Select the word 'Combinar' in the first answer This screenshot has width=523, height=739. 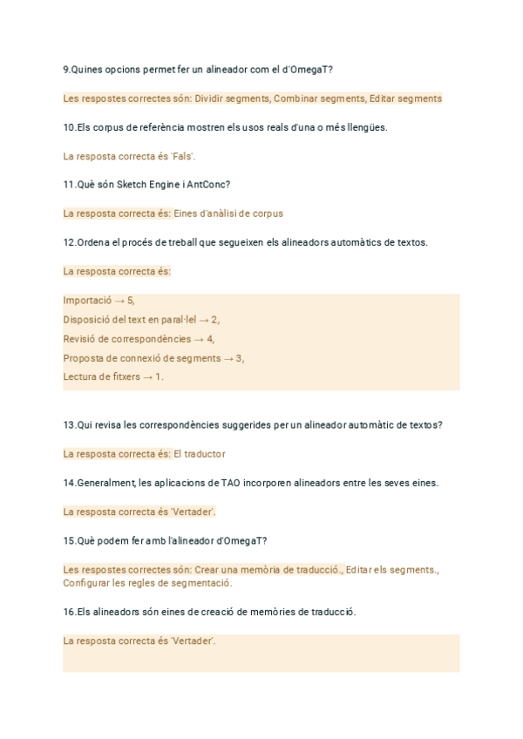click(295, 98)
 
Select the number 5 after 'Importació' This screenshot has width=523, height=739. click(130, 301)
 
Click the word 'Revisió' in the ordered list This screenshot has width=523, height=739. click(81, 339)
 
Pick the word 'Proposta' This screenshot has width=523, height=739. click(83, 358)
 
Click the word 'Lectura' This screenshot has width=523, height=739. click(80, 377)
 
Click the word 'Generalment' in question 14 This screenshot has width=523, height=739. click(105, 483)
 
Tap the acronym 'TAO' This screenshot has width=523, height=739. click(232, 483)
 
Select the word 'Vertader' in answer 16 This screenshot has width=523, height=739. click(194, 641)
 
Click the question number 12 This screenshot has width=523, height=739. click(69, 242)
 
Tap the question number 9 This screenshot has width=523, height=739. click(66, 70)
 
